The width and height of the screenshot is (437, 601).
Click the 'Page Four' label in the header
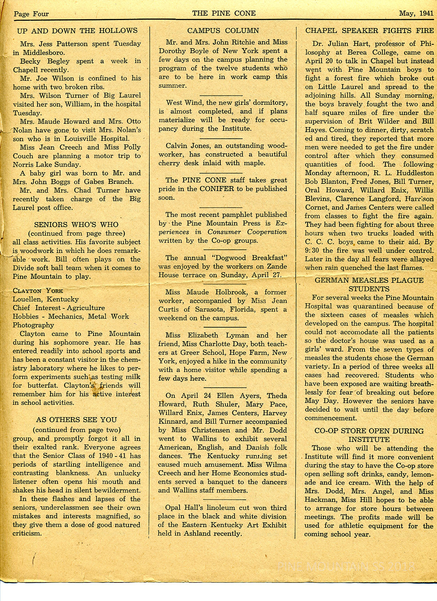31,14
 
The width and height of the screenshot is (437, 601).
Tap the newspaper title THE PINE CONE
224,13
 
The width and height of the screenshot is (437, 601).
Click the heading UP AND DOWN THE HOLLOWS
77,31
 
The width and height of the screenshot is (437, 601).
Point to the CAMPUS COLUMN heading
223,31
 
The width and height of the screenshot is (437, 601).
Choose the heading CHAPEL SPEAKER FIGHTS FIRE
369,31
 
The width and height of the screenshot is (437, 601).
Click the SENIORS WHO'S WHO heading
76,225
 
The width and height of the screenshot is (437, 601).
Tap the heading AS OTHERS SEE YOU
76,420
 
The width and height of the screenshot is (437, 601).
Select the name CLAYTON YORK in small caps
38,290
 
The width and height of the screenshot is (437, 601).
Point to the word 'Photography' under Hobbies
33,325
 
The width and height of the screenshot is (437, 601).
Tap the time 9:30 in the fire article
312,250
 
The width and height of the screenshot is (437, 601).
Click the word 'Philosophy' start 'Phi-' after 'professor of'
424,44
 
